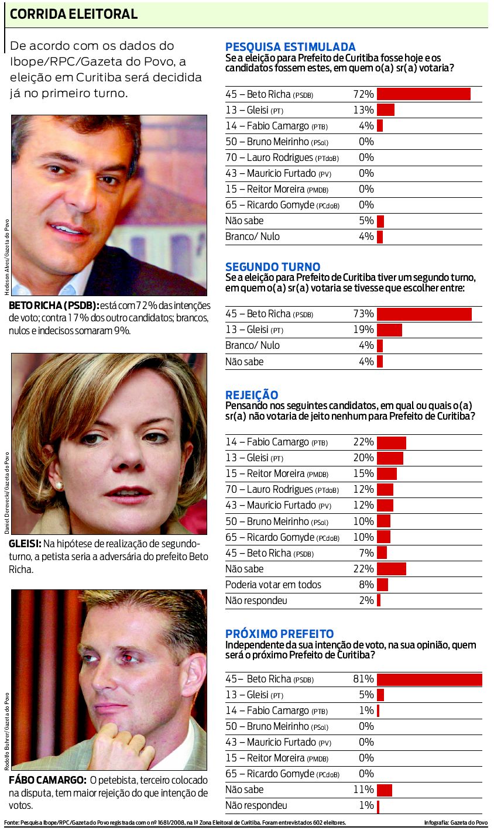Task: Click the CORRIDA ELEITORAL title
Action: click(74, 15)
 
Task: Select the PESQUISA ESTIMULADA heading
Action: click(290, 47)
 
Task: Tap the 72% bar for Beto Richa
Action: click(423, 94)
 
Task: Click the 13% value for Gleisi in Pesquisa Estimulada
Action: click(363, 110)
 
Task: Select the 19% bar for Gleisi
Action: click(389, 330)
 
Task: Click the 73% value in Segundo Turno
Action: click(363, 314)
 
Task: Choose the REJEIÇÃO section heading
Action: click(252, 395)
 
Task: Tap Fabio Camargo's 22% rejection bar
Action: click(391, 442)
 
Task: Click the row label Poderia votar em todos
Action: click(273, 585)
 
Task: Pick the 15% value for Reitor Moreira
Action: click(363, 473)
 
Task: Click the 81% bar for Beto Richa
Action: click(429, 679)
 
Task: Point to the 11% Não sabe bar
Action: click(385, 790)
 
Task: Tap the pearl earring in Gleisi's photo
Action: click(59, 486)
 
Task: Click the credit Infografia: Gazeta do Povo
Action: click(455, 823)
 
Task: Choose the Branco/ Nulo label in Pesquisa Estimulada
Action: click(252, 236)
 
